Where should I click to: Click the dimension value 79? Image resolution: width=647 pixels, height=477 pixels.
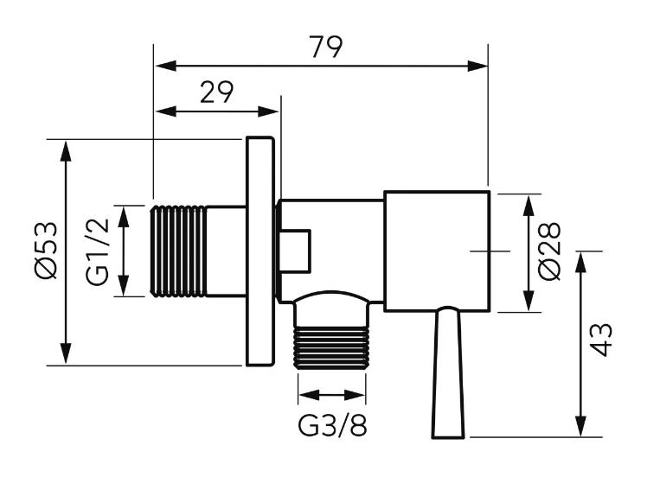point(326,47)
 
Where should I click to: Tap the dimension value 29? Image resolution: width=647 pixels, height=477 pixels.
point(216,92)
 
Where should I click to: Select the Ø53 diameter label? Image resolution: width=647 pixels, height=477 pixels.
point(46,251)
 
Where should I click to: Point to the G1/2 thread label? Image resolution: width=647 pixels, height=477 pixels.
point(99,251)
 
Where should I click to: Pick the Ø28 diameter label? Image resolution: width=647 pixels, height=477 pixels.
point(549,251)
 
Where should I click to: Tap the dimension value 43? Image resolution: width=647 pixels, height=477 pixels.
point(601,340)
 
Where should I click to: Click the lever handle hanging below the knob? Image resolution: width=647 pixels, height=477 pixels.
point(448,372)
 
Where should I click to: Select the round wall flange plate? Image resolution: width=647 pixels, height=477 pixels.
point(260,251)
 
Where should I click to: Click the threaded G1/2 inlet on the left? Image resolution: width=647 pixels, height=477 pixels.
point(178,251)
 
